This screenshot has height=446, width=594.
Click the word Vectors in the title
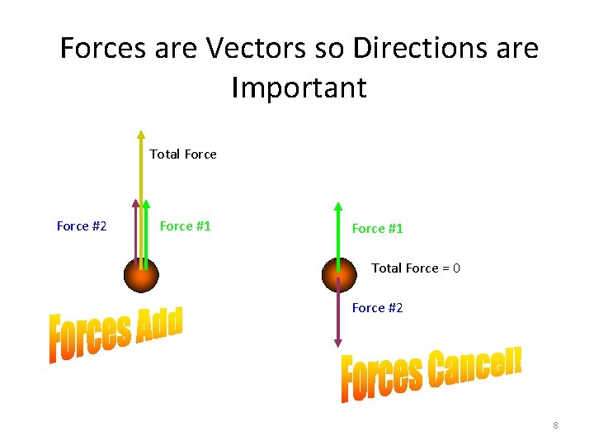pos(244,50)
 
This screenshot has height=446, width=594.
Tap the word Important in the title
pos(299,87)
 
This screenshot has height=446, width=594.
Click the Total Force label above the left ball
pos(183,154)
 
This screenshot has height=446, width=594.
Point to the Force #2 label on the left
pos(82,226)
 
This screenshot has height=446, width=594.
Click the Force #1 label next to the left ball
pos(185,226)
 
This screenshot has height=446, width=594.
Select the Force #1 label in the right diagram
pos(378,229)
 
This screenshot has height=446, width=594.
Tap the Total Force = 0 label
pos(416,268)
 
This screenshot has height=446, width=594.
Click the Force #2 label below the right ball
pos(378,308)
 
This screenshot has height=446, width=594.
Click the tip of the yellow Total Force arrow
pos(141,134)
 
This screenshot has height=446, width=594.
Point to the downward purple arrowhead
pos(337,341)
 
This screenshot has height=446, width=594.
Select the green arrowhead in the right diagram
pos(337,207)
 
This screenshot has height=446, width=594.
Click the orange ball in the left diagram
pos(141,274)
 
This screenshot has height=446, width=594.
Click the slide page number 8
pos(555,425)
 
